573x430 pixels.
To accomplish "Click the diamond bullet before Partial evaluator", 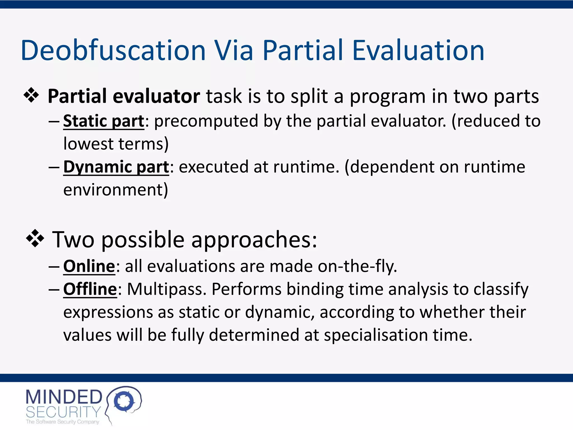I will coord(31,95).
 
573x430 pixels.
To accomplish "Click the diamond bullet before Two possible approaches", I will coord(35,239).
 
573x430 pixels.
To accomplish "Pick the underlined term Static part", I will coord(104,121).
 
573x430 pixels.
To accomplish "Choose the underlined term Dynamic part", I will coord(116,167).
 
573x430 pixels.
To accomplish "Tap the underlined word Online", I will coord(89,266).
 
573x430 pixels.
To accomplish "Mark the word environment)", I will coord(116,190).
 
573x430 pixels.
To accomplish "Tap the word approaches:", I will coord(254,240).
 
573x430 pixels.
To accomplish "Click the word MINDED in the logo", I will coord(64,397).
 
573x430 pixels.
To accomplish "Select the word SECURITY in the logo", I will coord(63,412).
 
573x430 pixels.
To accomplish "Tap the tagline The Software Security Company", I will coord(62,422).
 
